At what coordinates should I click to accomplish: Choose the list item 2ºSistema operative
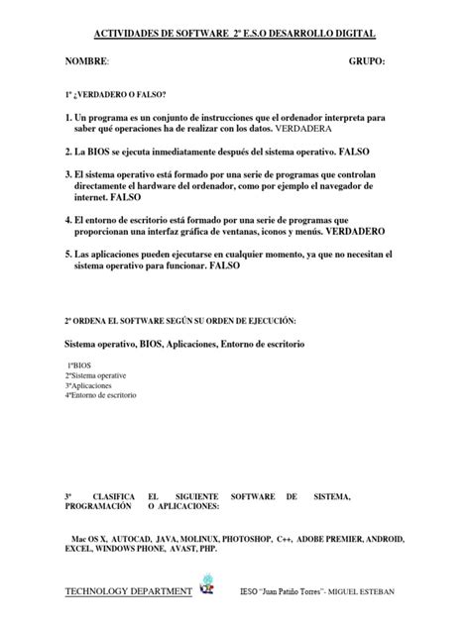pyautogui.click(x=95, y=376)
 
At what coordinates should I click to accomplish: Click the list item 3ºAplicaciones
pyautogui.click(x=87, y=385)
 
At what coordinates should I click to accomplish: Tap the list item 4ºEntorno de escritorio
pyautogui.click(x=101, y=395)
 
